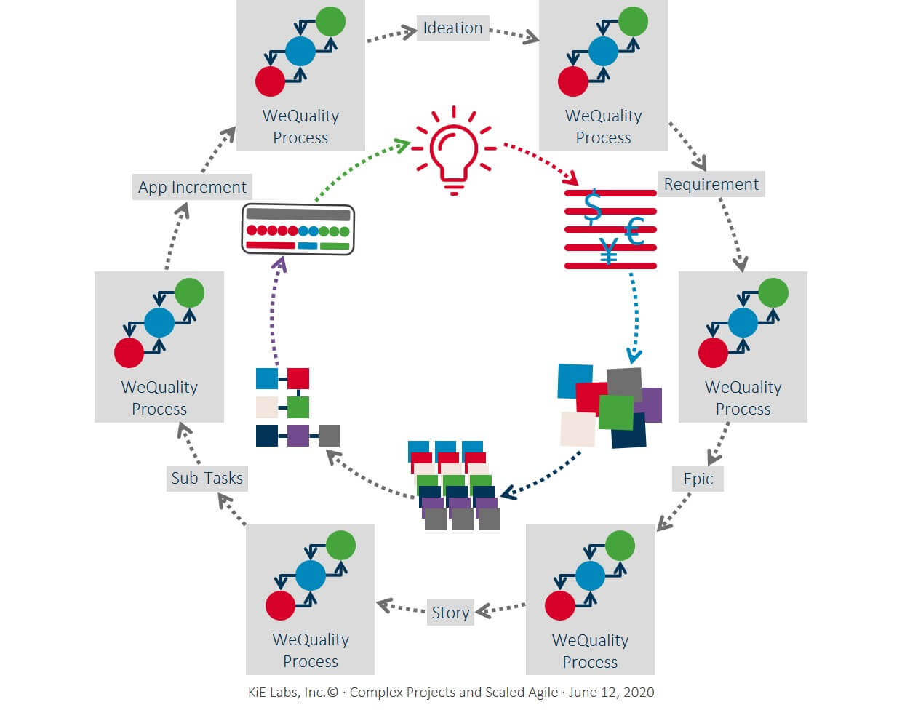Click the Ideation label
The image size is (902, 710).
(452, 28)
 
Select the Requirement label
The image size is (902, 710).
(711, 184)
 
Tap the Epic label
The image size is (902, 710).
(698, 479)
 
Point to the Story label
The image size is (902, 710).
(450, 613)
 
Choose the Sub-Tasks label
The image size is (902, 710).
(207, 478)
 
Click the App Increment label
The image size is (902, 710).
(192, 187)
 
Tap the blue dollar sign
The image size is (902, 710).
(594, 206)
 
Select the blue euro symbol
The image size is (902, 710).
(634, 232)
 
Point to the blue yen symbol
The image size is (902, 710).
(609, 251)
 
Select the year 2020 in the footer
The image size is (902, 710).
(638, 693)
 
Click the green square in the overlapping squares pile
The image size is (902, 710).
(616, 412)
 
